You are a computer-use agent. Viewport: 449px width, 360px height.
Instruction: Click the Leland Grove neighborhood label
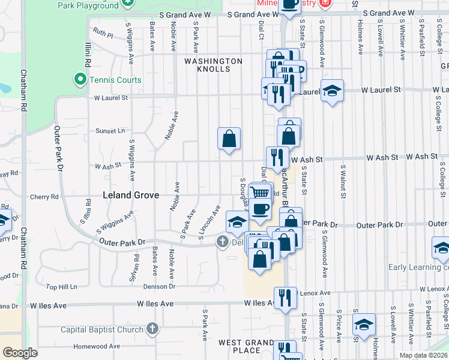coord(131,195)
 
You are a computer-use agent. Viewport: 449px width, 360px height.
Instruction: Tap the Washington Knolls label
coord(214,65)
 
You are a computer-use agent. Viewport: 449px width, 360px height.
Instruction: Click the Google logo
coord(20,353)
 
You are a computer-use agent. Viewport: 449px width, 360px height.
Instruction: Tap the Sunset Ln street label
coord(110,130)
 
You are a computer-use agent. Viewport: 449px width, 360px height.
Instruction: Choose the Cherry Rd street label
coord(46,196)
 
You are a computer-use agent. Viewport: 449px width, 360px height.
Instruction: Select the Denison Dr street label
coord(159,286)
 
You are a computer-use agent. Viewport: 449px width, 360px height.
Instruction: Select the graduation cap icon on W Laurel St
coord(332,91)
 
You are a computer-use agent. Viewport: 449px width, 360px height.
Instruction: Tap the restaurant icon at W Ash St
coord(277,158)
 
